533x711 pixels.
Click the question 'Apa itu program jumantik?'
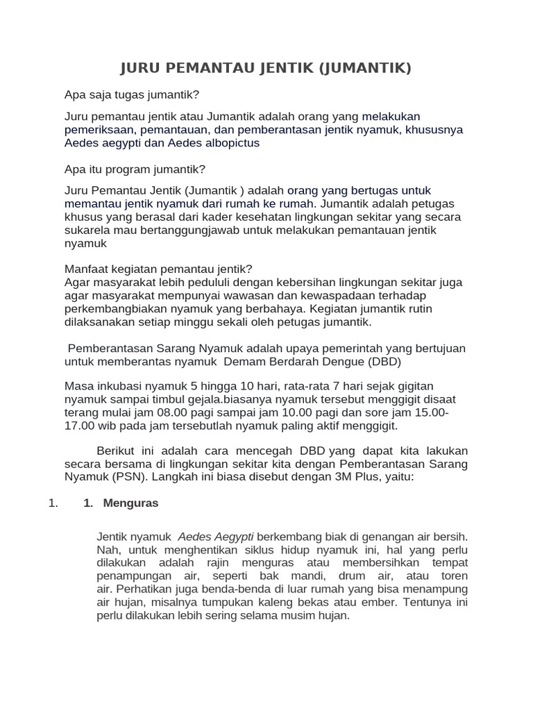click(135, 169)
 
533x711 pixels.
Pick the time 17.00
click(79, 426)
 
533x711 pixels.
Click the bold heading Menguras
click(130, 504)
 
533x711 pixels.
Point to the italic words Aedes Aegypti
click(216, 537)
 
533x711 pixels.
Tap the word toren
click(452, 576)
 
